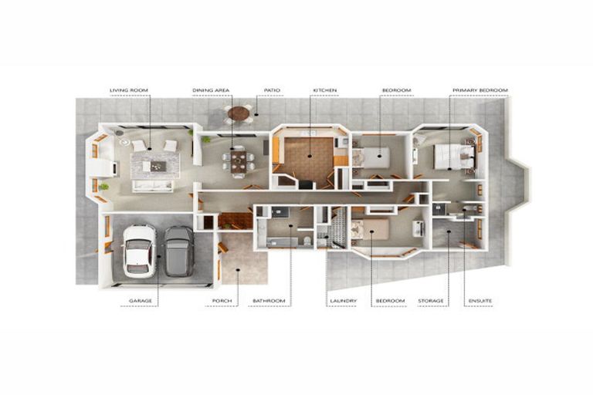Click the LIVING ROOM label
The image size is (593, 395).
pos(129,90)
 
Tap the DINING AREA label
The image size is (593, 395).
pos(211,90)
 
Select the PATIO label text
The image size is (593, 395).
pos(272,90)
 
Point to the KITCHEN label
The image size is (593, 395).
pos(325,90)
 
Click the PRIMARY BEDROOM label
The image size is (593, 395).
pos(480,90)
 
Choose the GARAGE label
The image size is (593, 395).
pos(141,301)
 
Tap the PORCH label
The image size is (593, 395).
pos(222,301)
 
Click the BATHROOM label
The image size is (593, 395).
pos(269,301)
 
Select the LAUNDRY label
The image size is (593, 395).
pos(344,301)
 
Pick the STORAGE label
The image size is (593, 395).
pos(431,301)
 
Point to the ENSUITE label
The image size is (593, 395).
pos(480,301)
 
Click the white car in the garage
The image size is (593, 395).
pos(139,251)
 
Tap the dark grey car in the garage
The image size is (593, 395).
pos(179,251)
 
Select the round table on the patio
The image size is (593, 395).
pos(239,113)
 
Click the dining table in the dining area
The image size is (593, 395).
pos(239,161)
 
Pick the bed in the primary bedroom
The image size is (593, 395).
pos(454,156)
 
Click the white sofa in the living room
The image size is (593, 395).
pos(152,186)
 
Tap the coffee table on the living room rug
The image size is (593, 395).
pos(158,166)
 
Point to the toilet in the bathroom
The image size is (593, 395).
pos(307,241)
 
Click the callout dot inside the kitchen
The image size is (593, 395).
pos(310,156)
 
